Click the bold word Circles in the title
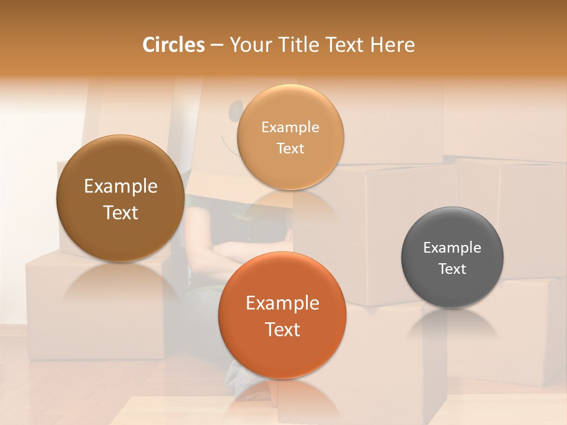tap(174, 45)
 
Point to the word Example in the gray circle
tap(452, 247)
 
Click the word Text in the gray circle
tap(452, 269)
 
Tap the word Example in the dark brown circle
tap(120, 187)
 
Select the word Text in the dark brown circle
tap(120, 212)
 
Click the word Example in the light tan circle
tap(290, 127)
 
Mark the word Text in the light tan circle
tap(290, 148)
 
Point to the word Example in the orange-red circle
tap(282, 303)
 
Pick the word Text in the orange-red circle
tap(282, 329)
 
